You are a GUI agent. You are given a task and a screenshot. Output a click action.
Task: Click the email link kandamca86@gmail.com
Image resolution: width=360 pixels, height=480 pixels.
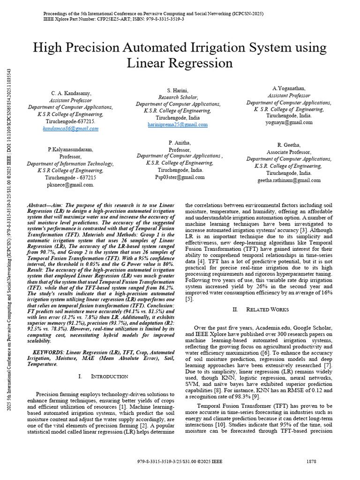pos(70,128)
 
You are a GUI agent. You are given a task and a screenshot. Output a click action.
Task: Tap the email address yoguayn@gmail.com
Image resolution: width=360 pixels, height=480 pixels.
pos(289,122)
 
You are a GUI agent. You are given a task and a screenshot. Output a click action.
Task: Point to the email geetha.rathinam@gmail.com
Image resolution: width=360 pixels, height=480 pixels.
pos(289,180)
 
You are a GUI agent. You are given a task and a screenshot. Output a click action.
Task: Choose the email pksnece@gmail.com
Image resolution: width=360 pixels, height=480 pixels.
pos(70,185)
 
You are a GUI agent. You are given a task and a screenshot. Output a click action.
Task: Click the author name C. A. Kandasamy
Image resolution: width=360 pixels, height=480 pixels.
pos(70,94)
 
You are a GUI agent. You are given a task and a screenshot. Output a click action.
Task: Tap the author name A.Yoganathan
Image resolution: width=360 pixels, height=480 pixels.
pos(289,89)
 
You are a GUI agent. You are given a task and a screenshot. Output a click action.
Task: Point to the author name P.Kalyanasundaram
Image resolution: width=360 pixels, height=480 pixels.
pos(70,150)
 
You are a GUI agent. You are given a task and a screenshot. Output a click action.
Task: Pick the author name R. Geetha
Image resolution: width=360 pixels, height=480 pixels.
pos(289,145)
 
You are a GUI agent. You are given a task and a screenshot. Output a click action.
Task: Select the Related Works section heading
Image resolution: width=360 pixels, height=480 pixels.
pos(268,309)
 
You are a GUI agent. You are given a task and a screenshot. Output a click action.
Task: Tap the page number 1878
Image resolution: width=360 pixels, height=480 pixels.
pos(311,462)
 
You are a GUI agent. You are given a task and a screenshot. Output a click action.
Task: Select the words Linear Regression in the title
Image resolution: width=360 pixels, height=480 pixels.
pos(180,63)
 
